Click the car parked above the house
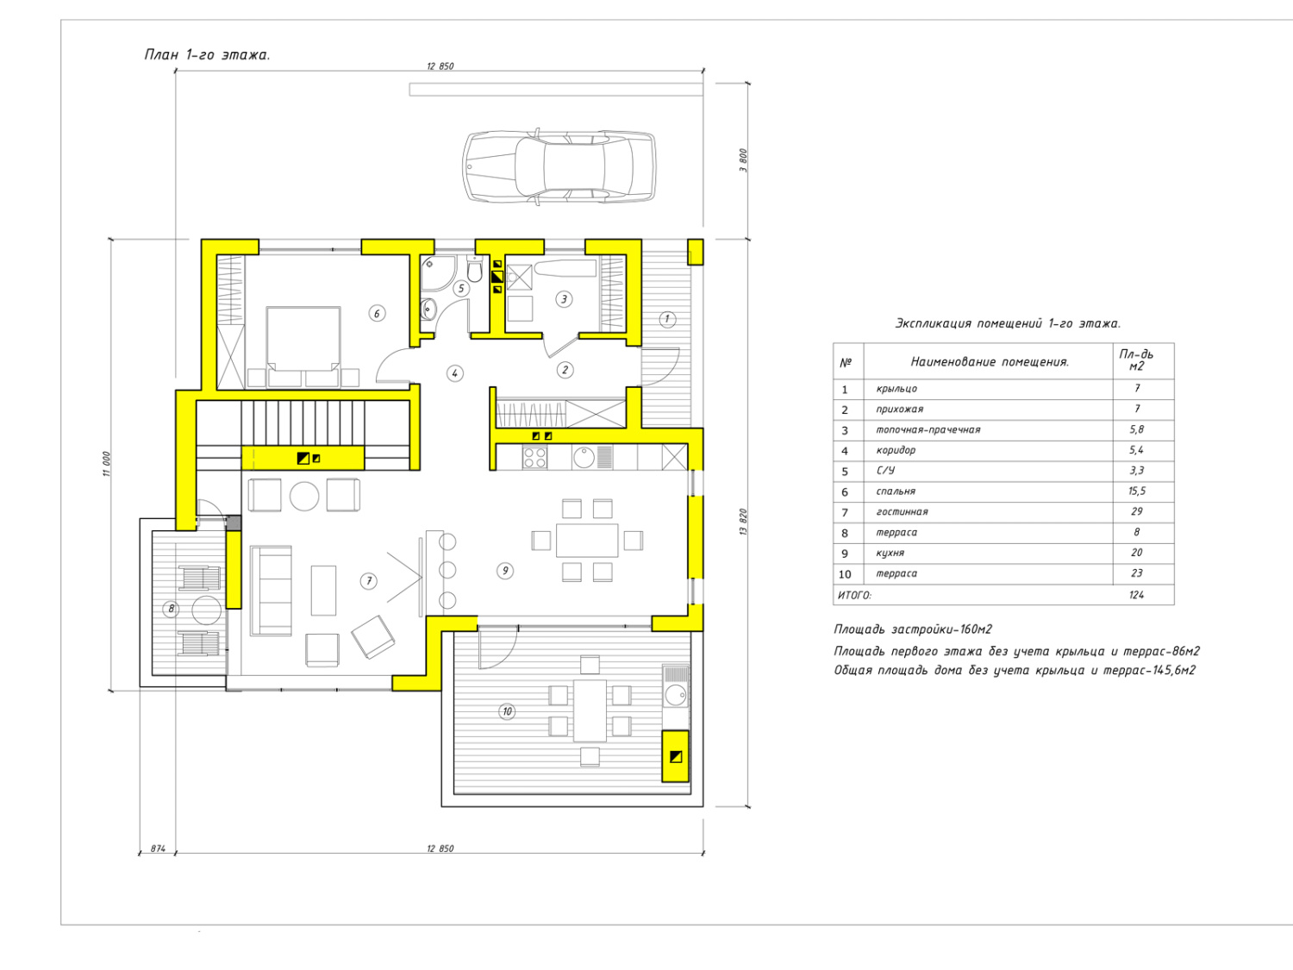tap(559, 166)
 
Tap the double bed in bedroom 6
tap(303, 347)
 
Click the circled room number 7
tap(369, 581)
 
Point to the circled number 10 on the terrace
tap(507, 711)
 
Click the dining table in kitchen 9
tap(587, 540)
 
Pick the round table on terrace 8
tap(206, 610)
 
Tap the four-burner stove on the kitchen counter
tap(535, 458)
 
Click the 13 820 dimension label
tap(743, 522)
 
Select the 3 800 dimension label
tap(743, 160)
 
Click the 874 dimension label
tap(158, 848)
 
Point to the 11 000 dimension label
tap(107, 464)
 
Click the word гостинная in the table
tap(902, 512)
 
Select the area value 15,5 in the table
tap(1137, 491)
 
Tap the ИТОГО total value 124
tap(1136, 595)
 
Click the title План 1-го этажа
tap(207, 55)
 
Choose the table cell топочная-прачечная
tap(928, 430)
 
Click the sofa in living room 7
tap(271, 591)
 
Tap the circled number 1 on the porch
tap(667, 319)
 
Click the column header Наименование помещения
tap(990, 361)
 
